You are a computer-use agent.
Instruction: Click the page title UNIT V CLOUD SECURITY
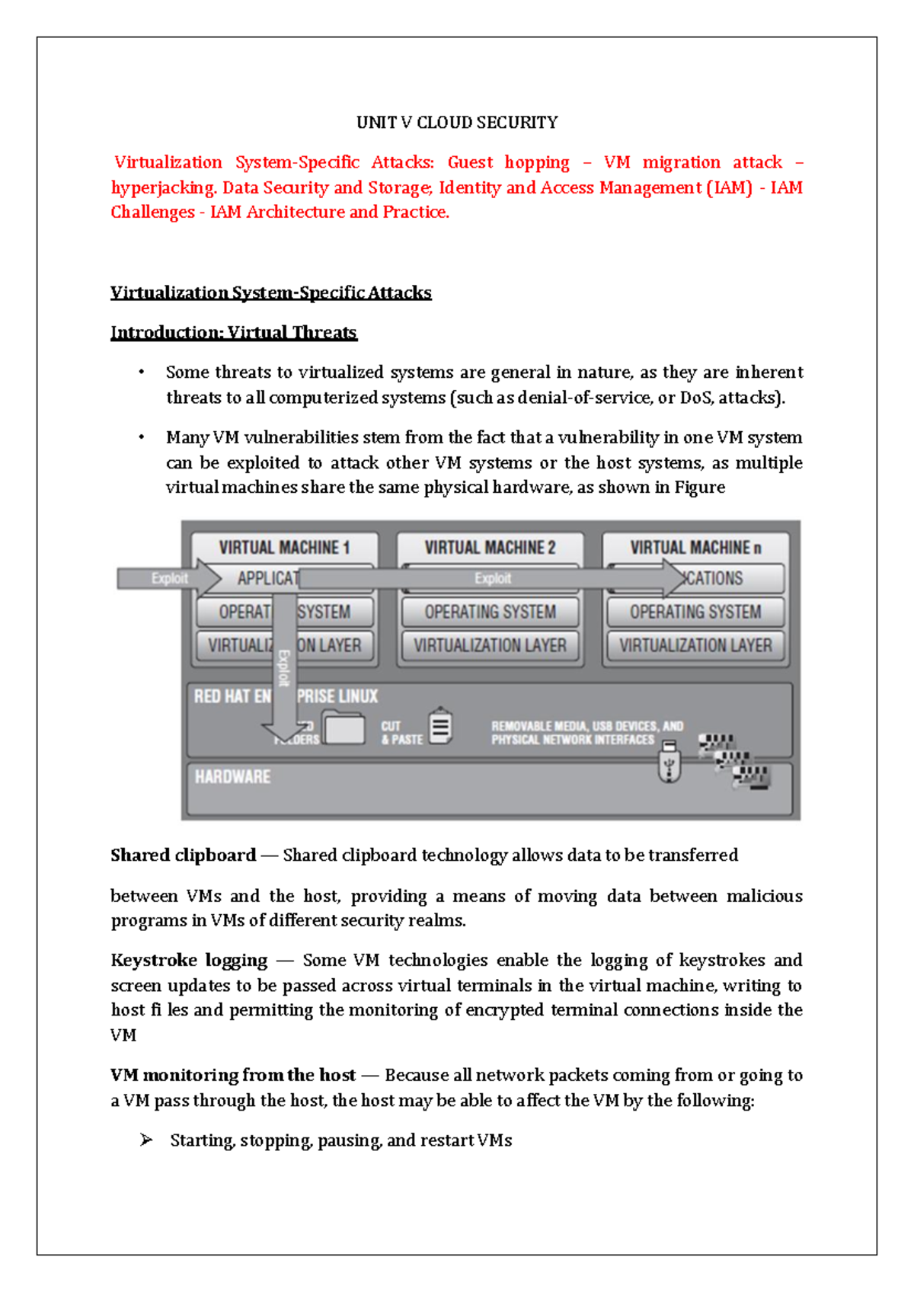coord(457,123)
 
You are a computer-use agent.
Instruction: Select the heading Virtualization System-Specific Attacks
coord(270,293)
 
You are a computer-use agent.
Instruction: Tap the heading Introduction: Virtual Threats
coord(233,332)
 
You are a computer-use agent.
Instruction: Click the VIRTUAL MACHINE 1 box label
coord(284,548)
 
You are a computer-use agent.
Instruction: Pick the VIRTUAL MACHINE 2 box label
coord(490,548)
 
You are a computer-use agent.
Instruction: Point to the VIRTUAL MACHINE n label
coord(695,548)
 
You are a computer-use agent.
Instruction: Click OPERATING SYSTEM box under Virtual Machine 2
coord(490,612)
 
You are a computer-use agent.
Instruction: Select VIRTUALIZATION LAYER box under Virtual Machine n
coord(695,645)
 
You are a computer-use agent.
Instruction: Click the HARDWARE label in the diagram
coord(232,776)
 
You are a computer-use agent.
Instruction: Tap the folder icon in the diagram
coord(344,728)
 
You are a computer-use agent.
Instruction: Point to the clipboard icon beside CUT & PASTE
coord(440,726)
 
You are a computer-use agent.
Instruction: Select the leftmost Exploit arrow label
coord(169,578)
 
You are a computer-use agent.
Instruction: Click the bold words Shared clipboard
coord(183,855)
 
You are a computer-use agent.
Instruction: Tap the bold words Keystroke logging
coord(189,961)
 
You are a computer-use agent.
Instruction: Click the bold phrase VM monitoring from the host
coord(233,1076)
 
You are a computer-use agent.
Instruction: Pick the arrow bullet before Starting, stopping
coord(146,1140)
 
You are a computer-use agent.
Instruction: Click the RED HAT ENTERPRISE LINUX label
coord(286,696)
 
